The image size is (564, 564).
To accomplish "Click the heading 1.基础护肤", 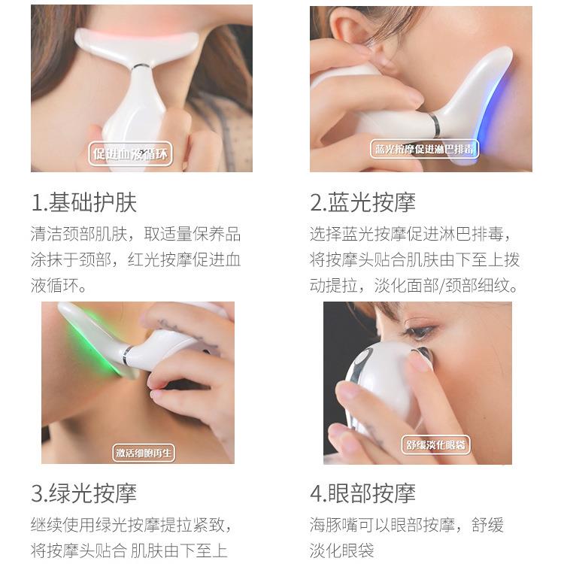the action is coord(84,202).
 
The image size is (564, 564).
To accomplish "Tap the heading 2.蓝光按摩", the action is coord(362,202).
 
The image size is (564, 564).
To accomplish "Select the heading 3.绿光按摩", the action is coord(83,493).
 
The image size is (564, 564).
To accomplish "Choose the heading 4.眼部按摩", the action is coord(362,493).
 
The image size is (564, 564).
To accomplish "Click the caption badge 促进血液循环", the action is coord(130,154).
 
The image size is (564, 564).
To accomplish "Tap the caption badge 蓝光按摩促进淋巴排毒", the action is coord(425,149).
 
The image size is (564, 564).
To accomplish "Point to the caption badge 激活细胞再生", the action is coord(144,453).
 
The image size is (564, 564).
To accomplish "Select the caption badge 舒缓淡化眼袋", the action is coord(435,445).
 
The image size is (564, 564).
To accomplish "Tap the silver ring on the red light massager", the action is coord(141,66).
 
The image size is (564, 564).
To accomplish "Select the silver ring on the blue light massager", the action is coord(435,124).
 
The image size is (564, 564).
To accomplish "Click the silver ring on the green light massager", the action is coord(127,355).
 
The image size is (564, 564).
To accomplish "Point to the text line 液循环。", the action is coord(59,286).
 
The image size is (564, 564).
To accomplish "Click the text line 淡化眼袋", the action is coord(341,550).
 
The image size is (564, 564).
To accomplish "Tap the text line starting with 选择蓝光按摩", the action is coord(410,234).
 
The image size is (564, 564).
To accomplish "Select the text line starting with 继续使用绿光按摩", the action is coord(131,525).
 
